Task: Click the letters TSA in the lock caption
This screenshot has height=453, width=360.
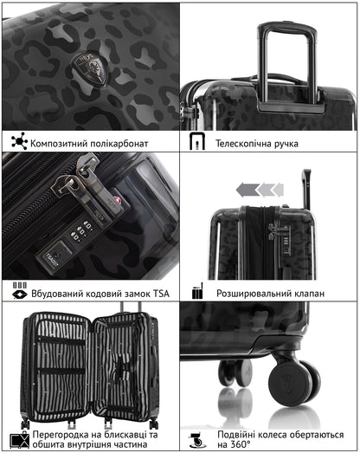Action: [157, 294]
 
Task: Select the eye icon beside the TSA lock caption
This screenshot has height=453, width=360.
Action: [19, 294]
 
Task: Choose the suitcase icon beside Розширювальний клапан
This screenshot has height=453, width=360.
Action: [197, 292]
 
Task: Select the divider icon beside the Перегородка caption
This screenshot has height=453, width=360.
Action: [19, 438]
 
